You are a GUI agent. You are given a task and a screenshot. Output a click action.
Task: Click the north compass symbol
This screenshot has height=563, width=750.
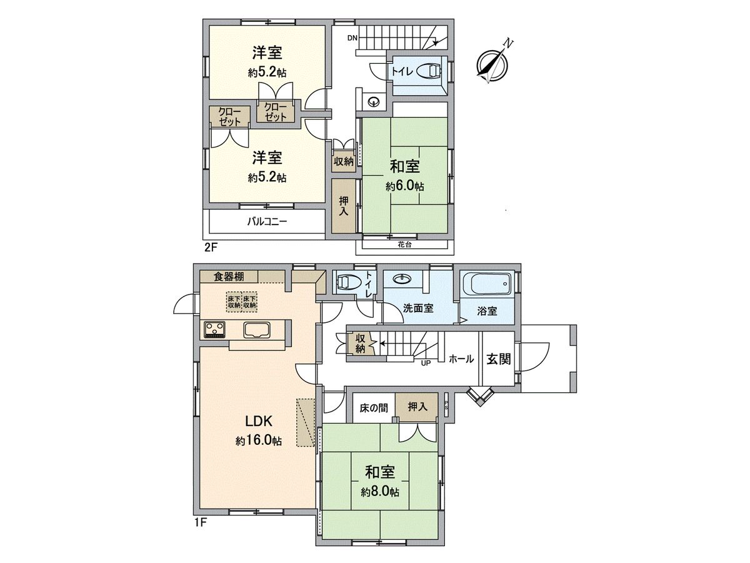point(493,63)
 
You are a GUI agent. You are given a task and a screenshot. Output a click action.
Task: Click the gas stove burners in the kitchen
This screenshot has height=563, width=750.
point(214,329)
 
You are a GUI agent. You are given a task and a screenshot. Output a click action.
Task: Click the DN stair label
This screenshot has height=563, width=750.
point(352,38)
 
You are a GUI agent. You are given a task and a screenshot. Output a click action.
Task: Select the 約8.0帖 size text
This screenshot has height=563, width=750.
point(379,492)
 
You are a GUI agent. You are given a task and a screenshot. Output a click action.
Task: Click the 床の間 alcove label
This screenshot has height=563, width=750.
point(374,407)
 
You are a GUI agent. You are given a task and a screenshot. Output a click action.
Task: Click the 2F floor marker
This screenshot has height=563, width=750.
point(211,246)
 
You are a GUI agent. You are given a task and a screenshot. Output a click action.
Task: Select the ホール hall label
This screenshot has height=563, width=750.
point(461,359)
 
